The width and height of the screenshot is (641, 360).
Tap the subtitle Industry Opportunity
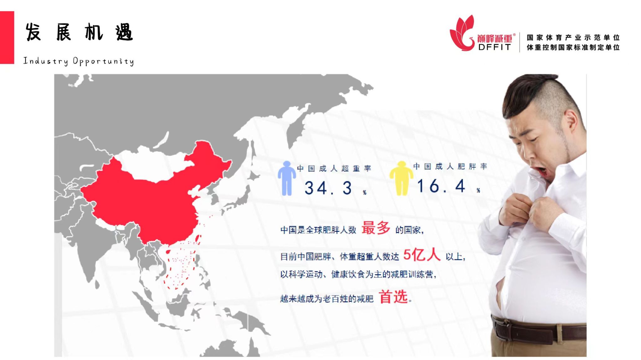[79, 61]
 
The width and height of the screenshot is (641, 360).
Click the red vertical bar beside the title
[7, 38]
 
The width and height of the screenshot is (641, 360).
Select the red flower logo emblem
[462, 33]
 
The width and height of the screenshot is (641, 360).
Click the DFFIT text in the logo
[495, 47]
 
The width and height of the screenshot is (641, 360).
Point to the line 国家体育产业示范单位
[573, 38]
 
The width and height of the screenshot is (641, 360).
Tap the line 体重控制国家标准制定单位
[573, 47]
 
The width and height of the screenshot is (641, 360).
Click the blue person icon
[287, 178]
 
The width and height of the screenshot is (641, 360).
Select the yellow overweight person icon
[402, 178]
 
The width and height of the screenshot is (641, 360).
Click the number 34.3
[328, 188]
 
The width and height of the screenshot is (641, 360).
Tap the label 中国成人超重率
[334, 169]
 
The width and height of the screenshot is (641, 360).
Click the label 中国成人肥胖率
[450, 166]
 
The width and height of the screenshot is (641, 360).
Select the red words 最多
[376, 228]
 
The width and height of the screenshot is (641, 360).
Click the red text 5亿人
[422, 255]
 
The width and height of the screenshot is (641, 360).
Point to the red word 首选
[393, 297]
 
